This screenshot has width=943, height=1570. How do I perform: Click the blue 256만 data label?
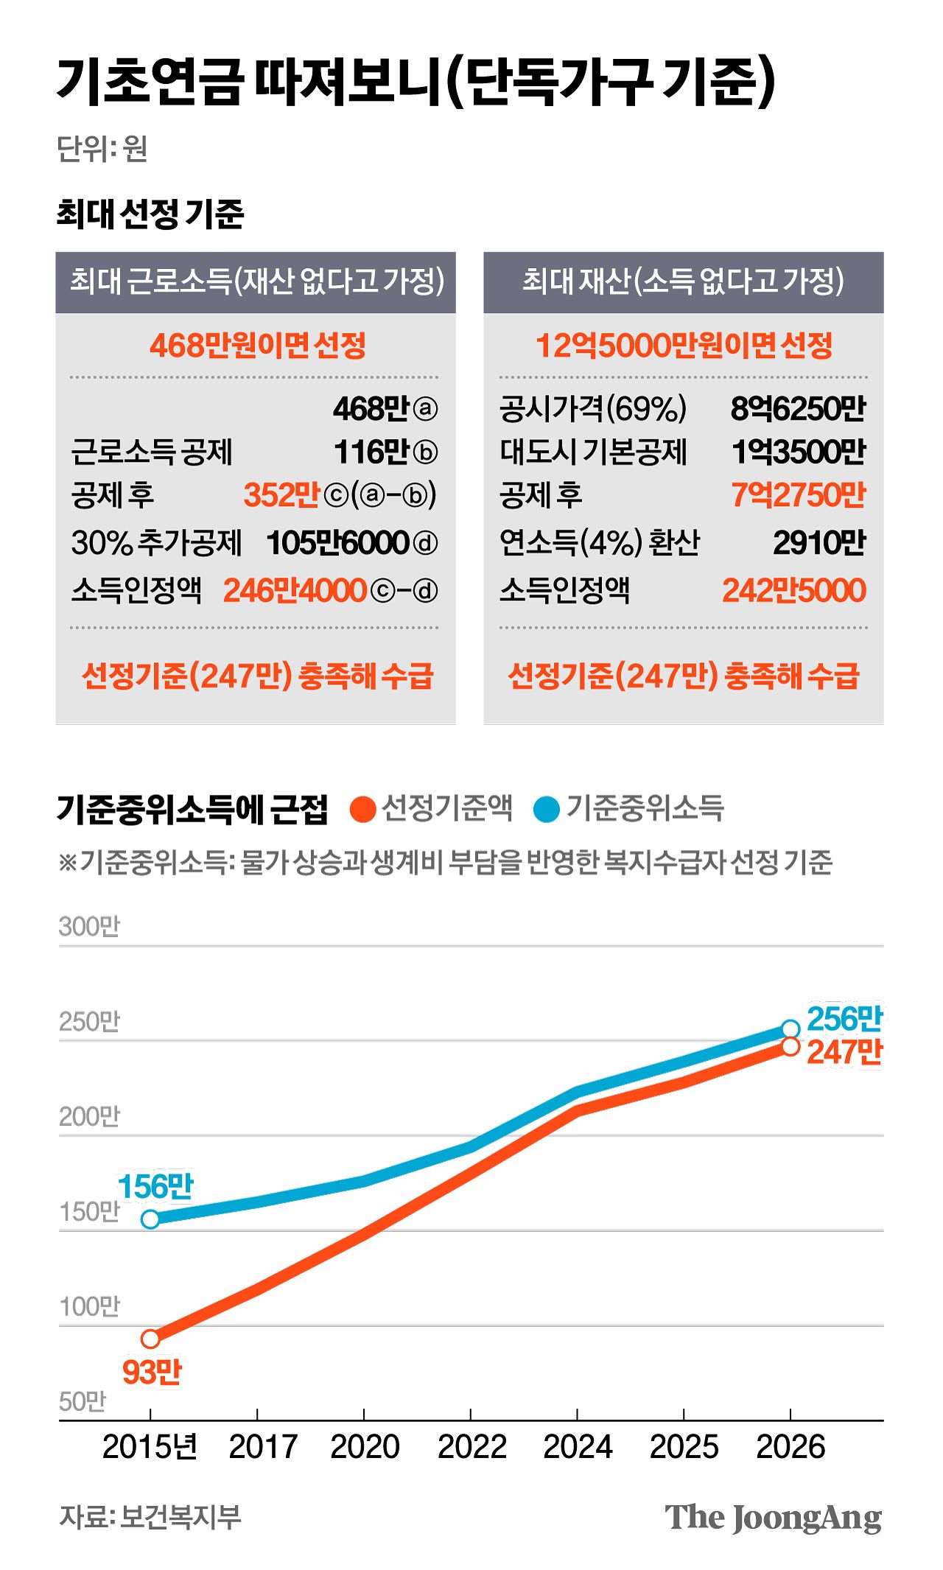(844, 1019)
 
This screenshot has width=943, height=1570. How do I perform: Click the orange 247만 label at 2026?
(844, 1052)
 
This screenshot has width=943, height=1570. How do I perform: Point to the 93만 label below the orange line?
(151, 1373)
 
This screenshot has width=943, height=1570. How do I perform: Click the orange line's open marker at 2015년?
(150, 1339)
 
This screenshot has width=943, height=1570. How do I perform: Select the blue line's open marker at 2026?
(790, 1029)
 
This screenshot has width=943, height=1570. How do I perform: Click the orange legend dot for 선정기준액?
(362, 809)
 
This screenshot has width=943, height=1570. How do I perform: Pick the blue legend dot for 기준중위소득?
(546, 809)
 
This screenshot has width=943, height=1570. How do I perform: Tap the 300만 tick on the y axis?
(89, 927)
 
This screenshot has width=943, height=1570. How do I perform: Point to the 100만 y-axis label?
(89, 1307)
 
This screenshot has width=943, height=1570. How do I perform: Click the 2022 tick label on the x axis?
(471, 1447)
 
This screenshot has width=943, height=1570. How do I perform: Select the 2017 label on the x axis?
(262, 1447)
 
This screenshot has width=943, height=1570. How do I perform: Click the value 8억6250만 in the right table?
(797, 409)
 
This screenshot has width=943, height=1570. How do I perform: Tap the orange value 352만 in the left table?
(281, 495)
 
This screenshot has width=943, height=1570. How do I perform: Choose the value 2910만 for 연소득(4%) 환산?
(818, 543)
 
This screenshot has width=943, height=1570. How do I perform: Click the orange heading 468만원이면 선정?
(257, 345)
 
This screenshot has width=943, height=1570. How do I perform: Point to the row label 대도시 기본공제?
(593, 452)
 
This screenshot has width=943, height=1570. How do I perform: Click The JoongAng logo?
(772, 1518)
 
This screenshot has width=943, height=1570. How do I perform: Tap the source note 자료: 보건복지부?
(150, 1517)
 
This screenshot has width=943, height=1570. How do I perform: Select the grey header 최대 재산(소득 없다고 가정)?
(683, 281)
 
